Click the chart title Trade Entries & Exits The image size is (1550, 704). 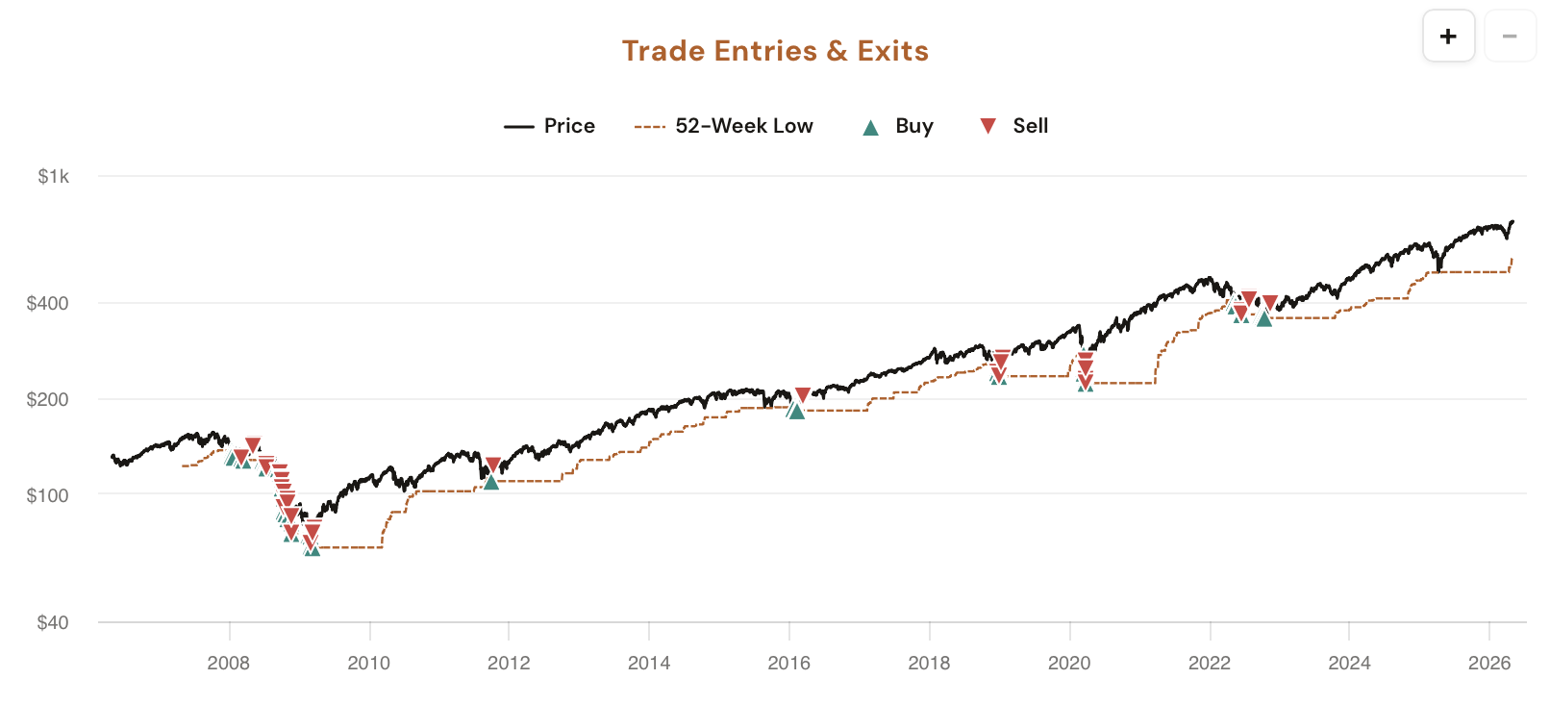tap(775, 51)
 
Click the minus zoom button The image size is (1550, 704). tap(1510, 37)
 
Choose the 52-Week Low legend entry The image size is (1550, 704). tap(724, 126)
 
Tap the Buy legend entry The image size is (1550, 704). tap(897, 126)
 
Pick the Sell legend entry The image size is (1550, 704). tap(1013, 126)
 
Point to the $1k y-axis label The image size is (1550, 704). tap(54, 176)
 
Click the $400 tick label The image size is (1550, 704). tap(48, 303)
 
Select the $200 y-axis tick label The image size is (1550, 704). tap(48, 399)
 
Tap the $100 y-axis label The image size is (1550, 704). tap(48, 495)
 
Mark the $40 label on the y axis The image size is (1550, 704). tap(53, 622)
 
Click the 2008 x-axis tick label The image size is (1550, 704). tap(229, 663)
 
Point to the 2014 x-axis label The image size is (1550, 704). tap(649, 663)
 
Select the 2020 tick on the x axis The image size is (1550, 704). tap(1069, 663)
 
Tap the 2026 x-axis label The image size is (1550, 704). tap(1489, 663)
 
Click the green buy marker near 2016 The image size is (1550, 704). tap(796, 412)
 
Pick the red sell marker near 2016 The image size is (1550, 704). tap(803, 395)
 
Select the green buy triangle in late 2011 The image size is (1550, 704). tap(491, 482)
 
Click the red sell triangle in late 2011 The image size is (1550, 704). tap(493, 465)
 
